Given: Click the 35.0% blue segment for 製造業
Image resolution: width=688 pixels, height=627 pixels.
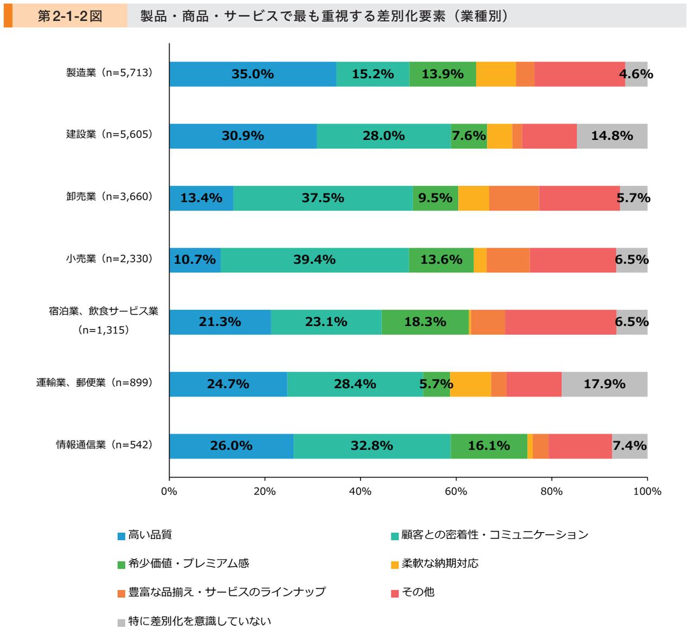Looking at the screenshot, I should pos(253,74).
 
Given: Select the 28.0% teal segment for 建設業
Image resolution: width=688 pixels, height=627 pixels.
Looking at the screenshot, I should pos(384,136).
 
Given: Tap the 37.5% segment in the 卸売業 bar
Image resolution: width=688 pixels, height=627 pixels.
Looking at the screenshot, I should pos(323,198).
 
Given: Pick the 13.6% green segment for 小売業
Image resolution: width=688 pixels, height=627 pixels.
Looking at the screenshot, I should pos(441,260).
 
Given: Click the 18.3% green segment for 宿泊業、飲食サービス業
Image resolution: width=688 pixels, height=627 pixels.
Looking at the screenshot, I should pos(425,322).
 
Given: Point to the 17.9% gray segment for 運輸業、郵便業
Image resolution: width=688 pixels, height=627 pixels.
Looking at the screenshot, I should pos(605,384).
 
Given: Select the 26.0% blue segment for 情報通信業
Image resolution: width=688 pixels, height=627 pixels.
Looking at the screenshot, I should pos(232,446).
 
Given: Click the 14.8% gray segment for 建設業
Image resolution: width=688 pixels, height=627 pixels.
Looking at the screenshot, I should pos(612,136).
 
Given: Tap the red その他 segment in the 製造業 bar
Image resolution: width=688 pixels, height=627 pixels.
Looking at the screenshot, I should pos(579,74).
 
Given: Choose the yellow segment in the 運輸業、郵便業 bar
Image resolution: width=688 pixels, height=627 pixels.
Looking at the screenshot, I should pos(471,384).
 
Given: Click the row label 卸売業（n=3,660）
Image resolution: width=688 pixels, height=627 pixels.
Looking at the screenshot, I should pos(110,196).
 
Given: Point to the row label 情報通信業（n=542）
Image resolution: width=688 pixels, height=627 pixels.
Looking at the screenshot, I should pos(105,445).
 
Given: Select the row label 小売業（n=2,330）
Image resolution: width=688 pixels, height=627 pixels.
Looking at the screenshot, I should pos(110,259).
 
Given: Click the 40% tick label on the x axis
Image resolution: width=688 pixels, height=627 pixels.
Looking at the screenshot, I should pos(361,491).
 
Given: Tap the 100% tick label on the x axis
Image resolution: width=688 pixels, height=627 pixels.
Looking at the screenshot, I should pos(647,491).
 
